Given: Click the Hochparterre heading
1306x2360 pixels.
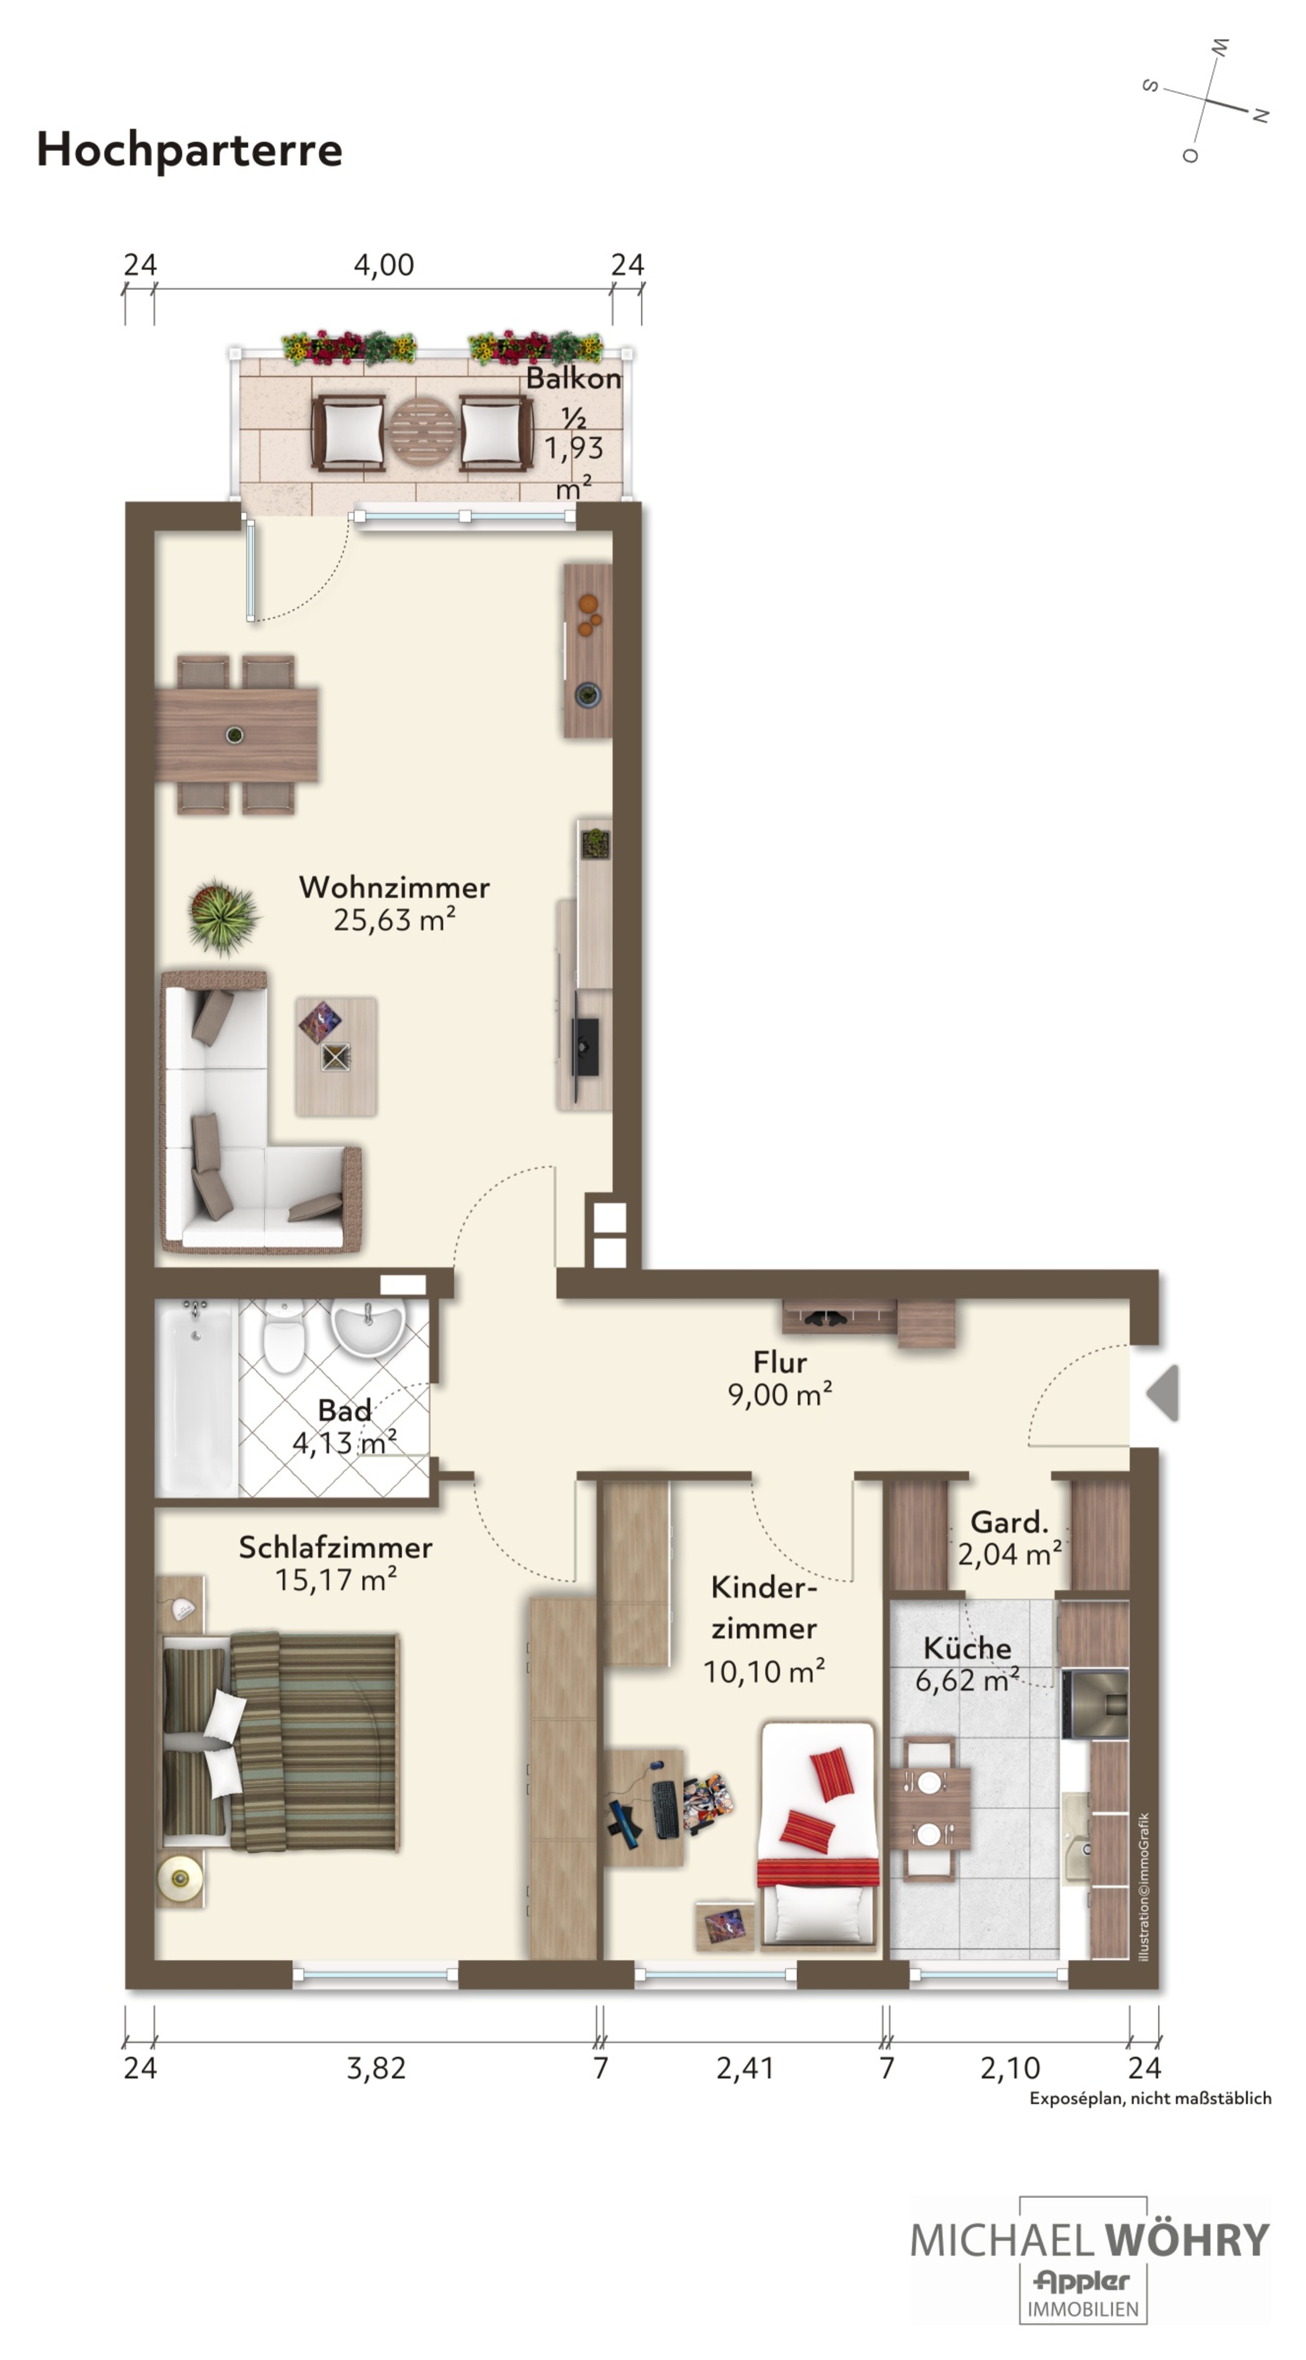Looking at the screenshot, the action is pos(189,150).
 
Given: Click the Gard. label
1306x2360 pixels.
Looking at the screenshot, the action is pos(1009,1522).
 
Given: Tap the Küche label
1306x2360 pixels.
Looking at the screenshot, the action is pos(967,1648).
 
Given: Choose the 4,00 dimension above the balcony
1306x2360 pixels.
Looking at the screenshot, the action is pos(384,265).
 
